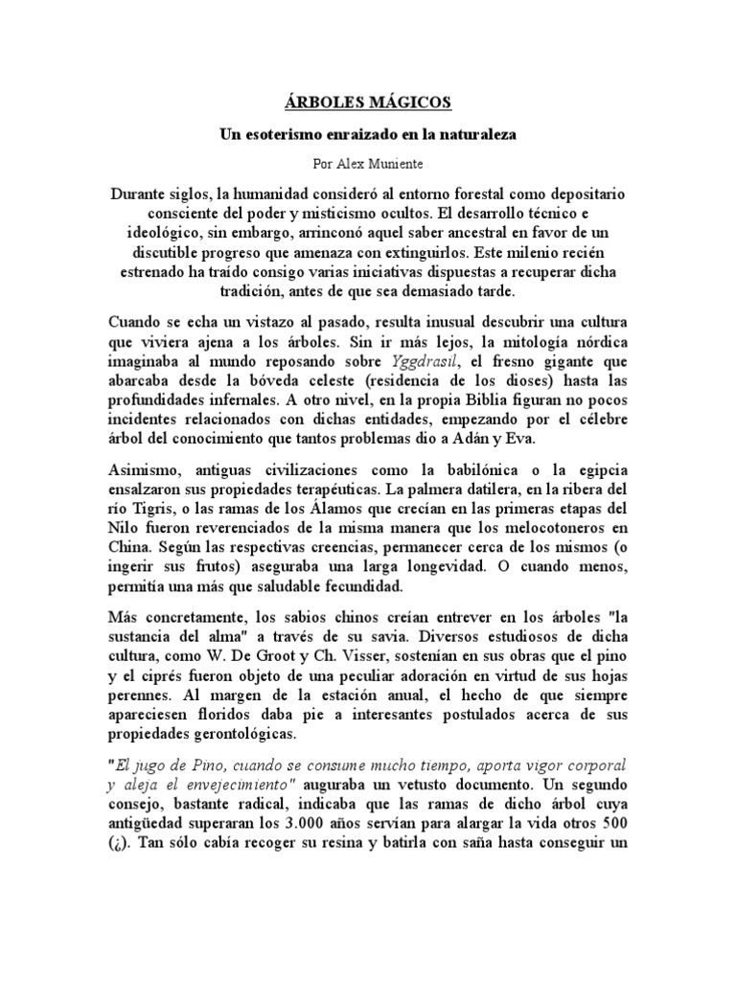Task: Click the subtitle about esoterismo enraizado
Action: pyautogui.click(x=368, y=135)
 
